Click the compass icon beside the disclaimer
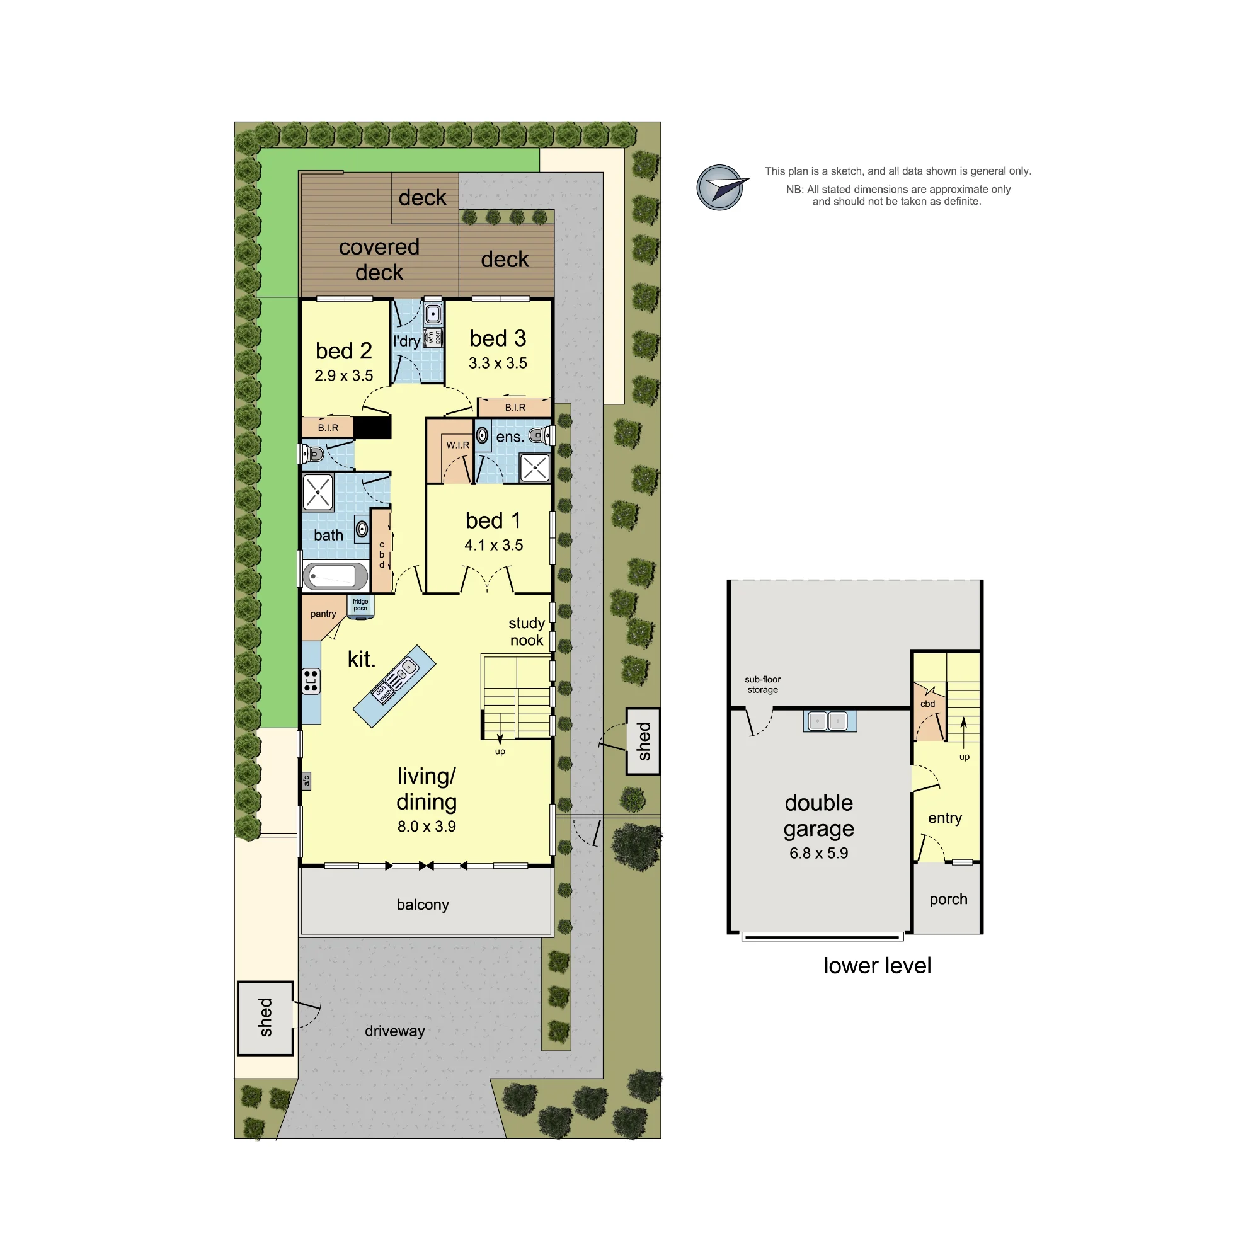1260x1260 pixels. coord(721,187)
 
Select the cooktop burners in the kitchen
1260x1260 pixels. coord(311,680)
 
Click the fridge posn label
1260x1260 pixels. coord(360,605)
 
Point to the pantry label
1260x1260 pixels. coord(323,614)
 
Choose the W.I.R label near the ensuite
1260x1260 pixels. coord(458,445)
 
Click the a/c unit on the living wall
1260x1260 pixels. coord(307,781)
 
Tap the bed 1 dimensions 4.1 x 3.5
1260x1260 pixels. coord(494,545)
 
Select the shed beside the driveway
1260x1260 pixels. coord(265,1018)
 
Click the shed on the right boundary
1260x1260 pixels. coord(644,742)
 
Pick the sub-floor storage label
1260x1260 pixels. coord(762,684)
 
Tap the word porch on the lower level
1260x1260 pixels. coord(948,900)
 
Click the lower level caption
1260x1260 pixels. coord(877,965)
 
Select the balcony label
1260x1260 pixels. coord(423,905)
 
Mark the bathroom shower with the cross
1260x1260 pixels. coord(318,493)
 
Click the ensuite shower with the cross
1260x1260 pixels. coord(535,467)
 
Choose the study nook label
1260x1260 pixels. coord(526,631)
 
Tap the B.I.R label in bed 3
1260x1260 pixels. coord(515,408)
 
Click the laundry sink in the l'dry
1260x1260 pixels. coord(433,314)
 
